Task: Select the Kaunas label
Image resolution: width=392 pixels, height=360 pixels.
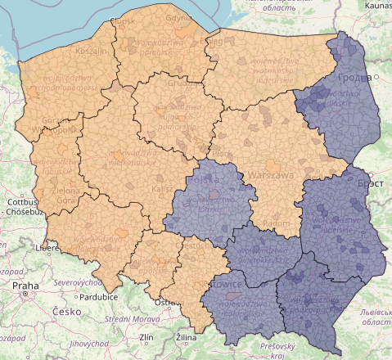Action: tap(375, 5)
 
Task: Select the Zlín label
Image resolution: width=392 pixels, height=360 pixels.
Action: tap(146, 337)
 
